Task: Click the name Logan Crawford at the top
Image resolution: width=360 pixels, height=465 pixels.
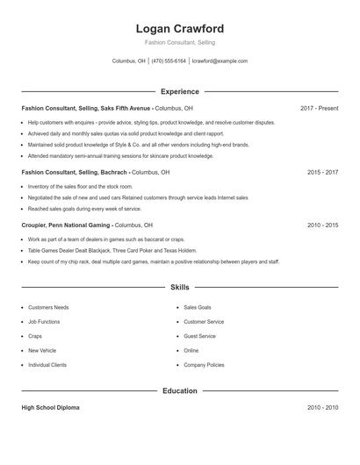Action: [x=180, y=28]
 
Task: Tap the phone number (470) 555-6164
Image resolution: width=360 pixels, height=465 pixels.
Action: [x=169, y=61]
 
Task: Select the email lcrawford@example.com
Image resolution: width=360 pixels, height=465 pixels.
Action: [x=220, y=61]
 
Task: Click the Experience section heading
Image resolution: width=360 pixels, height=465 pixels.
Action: [x=180, y=91]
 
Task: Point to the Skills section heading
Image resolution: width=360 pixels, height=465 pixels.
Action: [x=180, y=287]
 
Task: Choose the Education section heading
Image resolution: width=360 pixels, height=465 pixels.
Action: [x=180, y=390]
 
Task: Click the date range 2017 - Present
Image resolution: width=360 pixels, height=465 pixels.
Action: [x=319, y=108]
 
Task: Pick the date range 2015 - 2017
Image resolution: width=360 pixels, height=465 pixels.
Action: [x=322, y=173]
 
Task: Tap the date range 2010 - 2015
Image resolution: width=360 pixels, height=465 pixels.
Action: [x=322, y=225]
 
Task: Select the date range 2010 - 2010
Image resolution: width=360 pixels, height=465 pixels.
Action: [x=322, y=408]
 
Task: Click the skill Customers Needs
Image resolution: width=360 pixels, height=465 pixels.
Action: [x=48, y=308]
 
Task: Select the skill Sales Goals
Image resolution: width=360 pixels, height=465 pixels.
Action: [x=198, y=308]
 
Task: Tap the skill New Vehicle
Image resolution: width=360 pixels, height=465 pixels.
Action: [x=42, y=350]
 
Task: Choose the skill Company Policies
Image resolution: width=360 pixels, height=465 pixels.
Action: [x=204, y=364]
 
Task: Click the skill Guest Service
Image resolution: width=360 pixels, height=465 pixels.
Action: [x=199, y=336]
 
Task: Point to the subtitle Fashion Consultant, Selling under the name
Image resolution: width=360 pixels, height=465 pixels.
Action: [x=180, y=42]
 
